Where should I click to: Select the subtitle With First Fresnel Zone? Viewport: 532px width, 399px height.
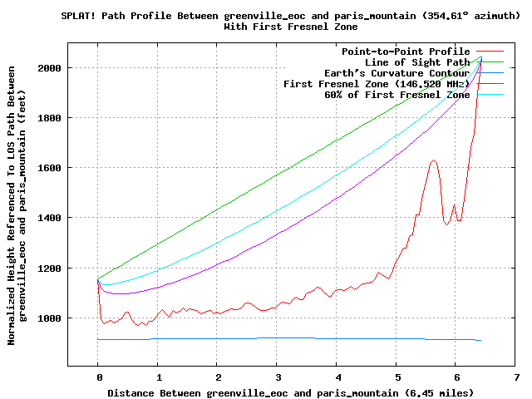(288, 27)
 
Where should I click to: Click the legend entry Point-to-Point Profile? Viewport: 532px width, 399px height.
(406, 52)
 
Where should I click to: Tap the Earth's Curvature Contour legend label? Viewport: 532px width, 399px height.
(397, 73)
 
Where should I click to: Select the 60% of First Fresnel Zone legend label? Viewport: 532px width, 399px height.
(397, 95)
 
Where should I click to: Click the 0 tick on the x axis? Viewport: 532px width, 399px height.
(97, 377)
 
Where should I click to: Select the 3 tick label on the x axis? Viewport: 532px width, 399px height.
(277, 377)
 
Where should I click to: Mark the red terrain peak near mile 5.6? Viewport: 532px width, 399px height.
(434, 160)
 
